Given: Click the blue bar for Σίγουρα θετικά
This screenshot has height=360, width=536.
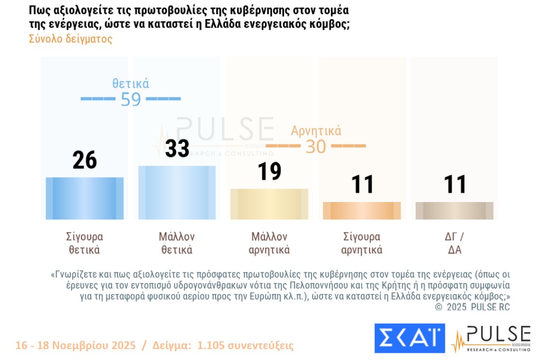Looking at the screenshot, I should [84, 198].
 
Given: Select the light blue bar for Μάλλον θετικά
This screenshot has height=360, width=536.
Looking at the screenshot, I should [177, 193].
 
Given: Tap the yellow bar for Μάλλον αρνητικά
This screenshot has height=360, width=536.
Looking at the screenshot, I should [269, 204].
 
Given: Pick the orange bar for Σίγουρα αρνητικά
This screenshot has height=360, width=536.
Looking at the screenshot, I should [361, 211].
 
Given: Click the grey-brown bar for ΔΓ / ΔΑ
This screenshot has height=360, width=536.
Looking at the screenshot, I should [454, 211].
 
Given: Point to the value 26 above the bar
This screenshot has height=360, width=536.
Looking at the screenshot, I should [84, 160].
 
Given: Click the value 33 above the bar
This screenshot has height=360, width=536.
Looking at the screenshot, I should [177, 148].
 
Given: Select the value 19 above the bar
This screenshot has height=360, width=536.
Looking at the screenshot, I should [269, 171].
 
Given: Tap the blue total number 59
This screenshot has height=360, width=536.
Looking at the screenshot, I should [131, 99].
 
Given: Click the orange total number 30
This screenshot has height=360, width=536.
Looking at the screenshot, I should [316, 147].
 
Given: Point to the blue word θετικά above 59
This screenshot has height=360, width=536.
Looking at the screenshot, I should [131, 83].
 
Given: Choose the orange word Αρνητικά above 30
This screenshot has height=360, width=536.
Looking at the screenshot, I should [316, 131].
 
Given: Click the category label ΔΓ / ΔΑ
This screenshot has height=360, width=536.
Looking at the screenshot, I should [454, 243].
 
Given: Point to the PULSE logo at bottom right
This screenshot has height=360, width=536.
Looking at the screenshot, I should [491, 338].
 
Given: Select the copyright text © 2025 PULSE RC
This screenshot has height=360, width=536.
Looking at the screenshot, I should [472, 307].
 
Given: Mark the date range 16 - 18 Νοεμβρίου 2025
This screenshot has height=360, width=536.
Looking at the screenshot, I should [76, 345].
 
